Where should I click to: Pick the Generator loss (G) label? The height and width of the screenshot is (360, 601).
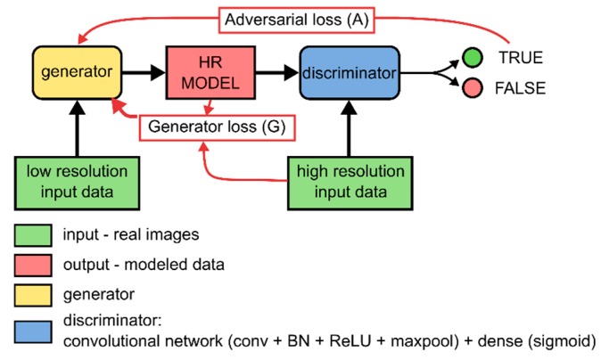(217, 127)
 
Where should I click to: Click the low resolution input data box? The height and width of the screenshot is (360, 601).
(77, 180)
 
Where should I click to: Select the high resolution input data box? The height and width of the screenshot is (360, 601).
(350, 180)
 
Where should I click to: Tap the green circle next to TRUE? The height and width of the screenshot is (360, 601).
(472, 58)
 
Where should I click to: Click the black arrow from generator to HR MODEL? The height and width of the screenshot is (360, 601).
(143, 70)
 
